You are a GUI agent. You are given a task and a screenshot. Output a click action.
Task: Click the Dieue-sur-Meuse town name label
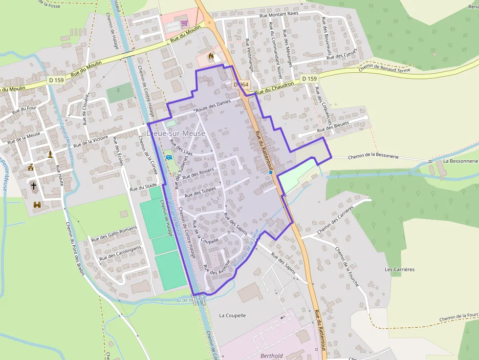coord(175,133)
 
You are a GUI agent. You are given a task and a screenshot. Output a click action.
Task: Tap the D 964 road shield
coord(241,85)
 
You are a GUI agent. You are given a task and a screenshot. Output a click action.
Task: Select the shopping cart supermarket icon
coord(184,23)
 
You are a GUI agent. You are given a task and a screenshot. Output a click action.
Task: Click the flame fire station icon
coord(211,57)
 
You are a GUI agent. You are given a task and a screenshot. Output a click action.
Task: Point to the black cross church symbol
coord(34,186)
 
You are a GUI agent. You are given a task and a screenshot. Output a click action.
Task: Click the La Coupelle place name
coord(232,316)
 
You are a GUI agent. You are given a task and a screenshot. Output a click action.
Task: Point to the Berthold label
coord(271,356)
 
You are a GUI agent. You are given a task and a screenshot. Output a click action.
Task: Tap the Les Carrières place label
coord(399,269)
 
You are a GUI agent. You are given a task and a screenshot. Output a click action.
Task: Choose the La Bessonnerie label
coord(460,161)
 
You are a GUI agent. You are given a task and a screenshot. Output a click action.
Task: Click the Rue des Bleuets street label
coord(333,127)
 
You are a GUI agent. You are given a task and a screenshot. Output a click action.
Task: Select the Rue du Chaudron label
coord(274,87)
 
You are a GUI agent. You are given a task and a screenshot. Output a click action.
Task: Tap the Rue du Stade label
coord(143,186)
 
